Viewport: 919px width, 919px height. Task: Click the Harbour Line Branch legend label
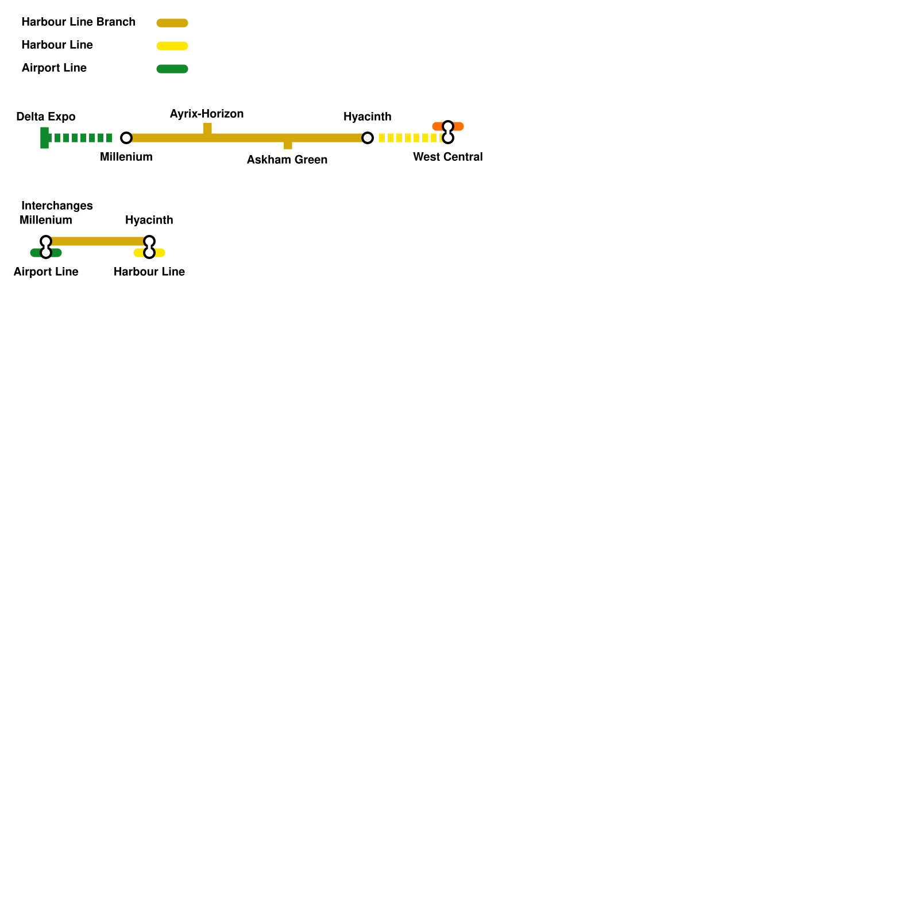(x=78, y=22)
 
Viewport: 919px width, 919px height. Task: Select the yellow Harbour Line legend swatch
(x=172, y=46)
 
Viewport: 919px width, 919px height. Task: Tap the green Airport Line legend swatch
(x=172, y=69)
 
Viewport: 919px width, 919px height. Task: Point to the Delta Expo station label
(x=46, y=117)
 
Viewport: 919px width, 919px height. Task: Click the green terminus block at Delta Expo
(x=44, y=138)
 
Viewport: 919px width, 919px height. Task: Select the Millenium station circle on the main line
(x=126, y=138)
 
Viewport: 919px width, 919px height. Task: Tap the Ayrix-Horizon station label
(x=207, y=114)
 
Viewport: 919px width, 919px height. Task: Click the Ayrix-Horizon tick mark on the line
(x=207, y=129)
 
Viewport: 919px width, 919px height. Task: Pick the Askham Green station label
(x=287, y=160)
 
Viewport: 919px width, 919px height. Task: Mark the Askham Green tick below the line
(x=288, y=145)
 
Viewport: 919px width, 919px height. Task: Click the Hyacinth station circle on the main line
(x=368, y=138)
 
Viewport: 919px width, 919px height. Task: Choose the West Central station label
(x=448, y=157)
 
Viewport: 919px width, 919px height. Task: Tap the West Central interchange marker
(x=448, y=132)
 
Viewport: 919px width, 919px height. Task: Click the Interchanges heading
(x=57, y=206)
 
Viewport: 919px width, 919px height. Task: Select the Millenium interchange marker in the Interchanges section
(x=46, y=247)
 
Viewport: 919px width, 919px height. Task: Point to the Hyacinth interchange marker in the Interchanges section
(x=149, y=247)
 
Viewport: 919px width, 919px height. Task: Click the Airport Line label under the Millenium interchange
(x=46, y=272)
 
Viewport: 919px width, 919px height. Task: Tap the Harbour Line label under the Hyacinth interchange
(x=149, y=272)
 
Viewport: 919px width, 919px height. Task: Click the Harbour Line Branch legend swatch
(x=172, y=23)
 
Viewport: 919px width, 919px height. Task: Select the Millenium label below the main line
(x=126, y=157)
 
